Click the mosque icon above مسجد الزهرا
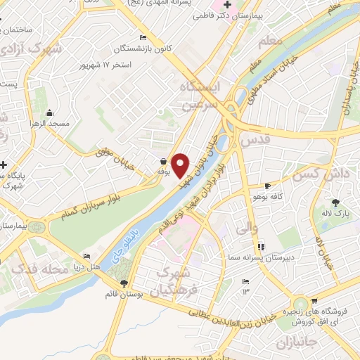(49, 113)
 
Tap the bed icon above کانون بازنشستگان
(143, 37)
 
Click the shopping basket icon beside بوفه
(164, 161)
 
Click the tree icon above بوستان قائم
(124, 283)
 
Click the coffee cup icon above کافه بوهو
(267, 186)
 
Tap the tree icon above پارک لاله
(344, 202)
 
